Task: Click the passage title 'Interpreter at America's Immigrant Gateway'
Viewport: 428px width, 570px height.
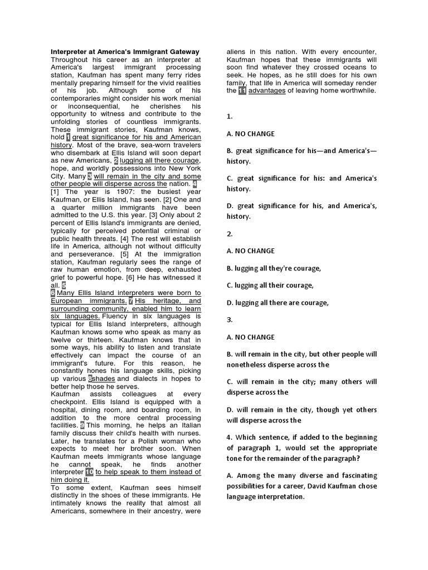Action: pyautogui.click(x=125, y=52)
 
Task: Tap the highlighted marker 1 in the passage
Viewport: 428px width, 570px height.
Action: pyautogui.click(x=68, y=137)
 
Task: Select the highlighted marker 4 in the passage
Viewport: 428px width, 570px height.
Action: pyautogui.click(x=194, y=184)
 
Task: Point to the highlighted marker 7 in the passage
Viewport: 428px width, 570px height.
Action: pyautogui.click(x=130, y=301)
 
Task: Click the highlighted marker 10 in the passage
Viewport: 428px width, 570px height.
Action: pyautogui.click(x=89, y=472)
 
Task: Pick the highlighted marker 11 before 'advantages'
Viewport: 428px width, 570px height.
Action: pyautogui.click(x=242, y=91)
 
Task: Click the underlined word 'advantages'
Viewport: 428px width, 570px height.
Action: pyautogui.click(x=267, y=91)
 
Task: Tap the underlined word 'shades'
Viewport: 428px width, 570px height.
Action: pyautogui.click(x=104, y=379)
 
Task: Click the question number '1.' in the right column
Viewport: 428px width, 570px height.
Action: pyautogui.click(x=230, y=117)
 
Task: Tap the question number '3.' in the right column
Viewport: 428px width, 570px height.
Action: pyautogui.click(x=230, y=320)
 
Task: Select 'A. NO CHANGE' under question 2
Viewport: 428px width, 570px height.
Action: pyautogui.click(x=251, y=250)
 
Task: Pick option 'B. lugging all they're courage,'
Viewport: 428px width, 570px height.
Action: pyautogui.click(x=274, y=268)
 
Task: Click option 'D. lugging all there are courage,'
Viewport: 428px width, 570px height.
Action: pyautogui.click(x=278, y=302)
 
